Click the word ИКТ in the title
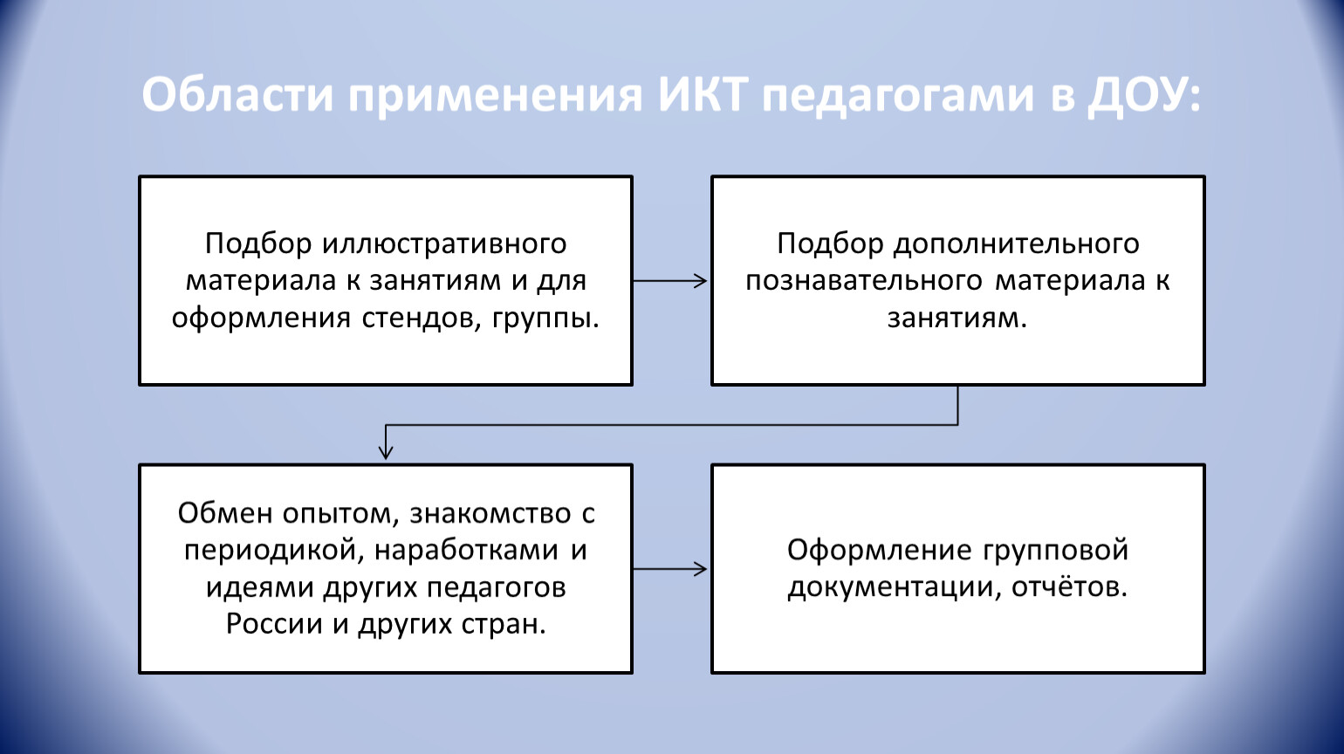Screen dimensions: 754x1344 point(696,94)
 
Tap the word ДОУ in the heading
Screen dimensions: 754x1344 point(1136,94)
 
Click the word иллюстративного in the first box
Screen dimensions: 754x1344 point(444,243)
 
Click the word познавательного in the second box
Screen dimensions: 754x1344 point(864,281)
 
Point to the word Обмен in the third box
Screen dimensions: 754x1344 point(225,513)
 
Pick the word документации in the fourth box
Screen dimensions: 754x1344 point(894,587)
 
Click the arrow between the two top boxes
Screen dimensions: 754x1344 point(670,281)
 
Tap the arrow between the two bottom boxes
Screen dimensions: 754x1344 point(670,570)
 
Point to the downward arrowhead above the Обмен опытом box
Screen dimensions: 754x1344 point(386,451)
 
